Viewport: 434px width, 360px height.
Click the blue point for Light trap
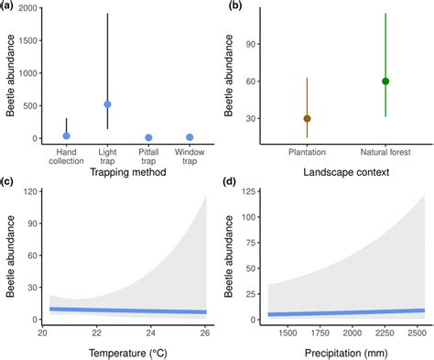(107, 104)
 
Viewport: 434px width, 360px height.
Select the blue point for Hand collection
(66, 136)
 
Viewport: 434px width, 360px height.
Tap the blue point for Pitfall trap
(148, 137)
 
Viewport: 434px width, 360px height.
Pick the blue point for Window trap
(190, 137)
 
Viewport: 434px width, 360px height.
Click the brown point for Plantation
(307, 118)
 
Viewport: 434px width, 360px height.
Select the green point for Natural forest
(385, 81)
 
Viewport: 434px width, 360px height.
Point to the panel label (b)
(234, 6)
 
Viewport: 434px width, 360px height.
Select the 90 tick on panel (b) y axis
(253, 42)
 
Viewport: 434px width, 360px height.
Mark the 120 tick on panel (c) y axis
(30, 192)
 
